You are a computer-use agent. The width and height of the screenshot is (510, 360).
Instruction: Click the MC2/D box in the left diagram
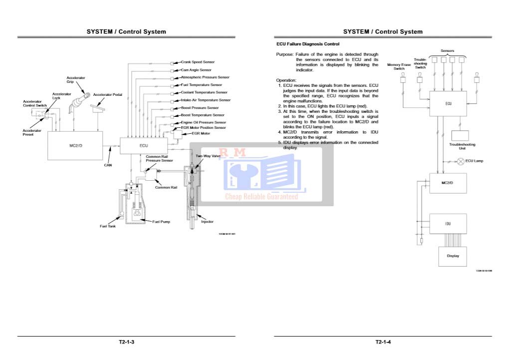click(x=75, y=145)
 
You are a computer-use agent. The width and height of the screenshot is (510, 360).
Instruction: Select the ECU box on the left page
click(x=144, y=145)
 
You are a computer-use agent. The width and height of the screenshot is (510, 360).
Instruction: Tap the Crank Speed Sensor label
click(x=198, y=62)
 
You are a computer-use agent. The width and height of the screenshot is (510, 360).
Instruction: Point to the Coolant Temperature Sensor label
click(x=204, y=92)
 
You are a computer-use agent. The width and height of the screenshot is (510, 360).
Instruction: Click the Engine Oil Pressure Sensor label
click(x=203, y=122)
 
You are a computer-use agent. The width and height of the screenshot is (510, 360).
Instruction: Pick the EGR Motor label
click(x=195, y=134)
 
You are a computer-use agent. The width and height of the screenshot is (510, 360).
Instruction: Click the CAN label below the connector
click(x=108, y=165)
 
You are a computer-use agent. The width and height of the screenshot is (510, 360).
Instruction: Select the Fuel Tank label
click(x=107, y=226)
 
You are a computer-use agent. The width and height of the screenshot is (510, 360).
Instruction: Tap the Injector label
click(x=207, y=222)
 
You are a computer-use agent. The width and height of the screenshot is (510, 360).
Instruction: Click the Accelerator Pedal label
click(x=108, y=95)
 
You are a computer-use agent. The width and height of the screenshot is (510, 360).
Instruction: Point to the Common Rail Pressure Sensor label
click(x=159, y=159)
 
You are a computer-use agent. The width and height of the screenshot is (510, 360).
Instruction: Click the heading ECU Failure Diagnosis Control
click(x=308, y=44)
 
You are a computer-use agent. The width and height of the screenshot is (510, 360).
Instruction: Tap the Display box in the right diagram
click(x=453, y=256)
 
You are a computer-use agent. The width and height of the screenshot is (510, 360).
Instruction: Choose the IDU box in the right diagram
click(x=448, y=224)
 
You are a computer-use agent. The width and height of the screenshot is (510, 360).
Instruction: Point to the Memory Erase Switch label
click(x=399, y=66)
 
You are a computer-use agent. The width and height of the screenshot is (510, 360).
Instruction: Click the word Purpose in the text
click(x=285, y=54)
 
